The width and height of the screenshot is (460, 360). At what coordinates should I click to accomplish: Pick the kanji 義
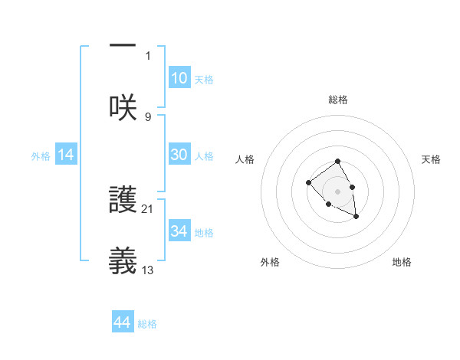pos(123,260)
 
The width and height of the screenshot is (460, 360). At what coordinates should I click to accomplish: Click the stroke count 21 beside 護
pos(148,208)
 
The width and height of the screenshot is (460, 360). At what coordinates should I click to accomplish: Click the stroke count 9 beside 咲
pos(148,116)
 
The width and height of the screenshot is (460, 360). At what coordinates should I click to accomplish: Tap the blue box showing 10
pos(179,78)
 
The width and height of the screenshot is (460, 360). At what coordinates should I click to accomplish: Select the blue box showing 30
pos(179,155)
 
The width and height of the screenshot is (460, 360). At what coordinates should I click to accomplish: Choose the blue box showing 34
pos(179,231)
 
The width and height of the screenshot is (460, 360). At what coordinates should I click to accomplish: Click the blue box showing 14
pos(66,155)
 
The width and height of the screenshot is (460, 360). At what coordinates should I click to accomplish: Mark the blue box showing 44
pos(122,323)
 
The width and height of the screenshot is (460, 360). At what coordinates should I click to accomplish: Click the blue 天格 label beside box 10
pos(204,80)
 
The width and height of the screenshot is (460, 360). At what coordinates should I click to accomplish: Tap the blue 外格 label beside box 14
pos(41,156)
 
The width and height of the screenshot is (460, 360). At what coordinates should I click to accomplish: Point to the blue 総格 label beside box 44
pos(147,324)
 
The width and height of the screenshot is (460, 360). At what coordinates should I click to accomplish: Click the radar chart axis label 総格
pos(337,100)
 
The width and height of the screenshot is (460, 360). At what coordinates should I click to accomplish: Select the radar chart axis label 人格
pos(245,159)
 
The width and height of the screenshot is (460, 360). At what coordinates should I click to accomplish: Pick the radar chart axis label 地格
pos(402,262)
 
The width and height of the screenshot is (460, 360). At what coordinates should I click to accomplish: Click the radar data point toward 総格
pos(337,162)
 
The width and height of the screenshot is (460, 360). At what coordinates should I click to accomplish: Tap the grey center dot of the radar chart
pos(337,191)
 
